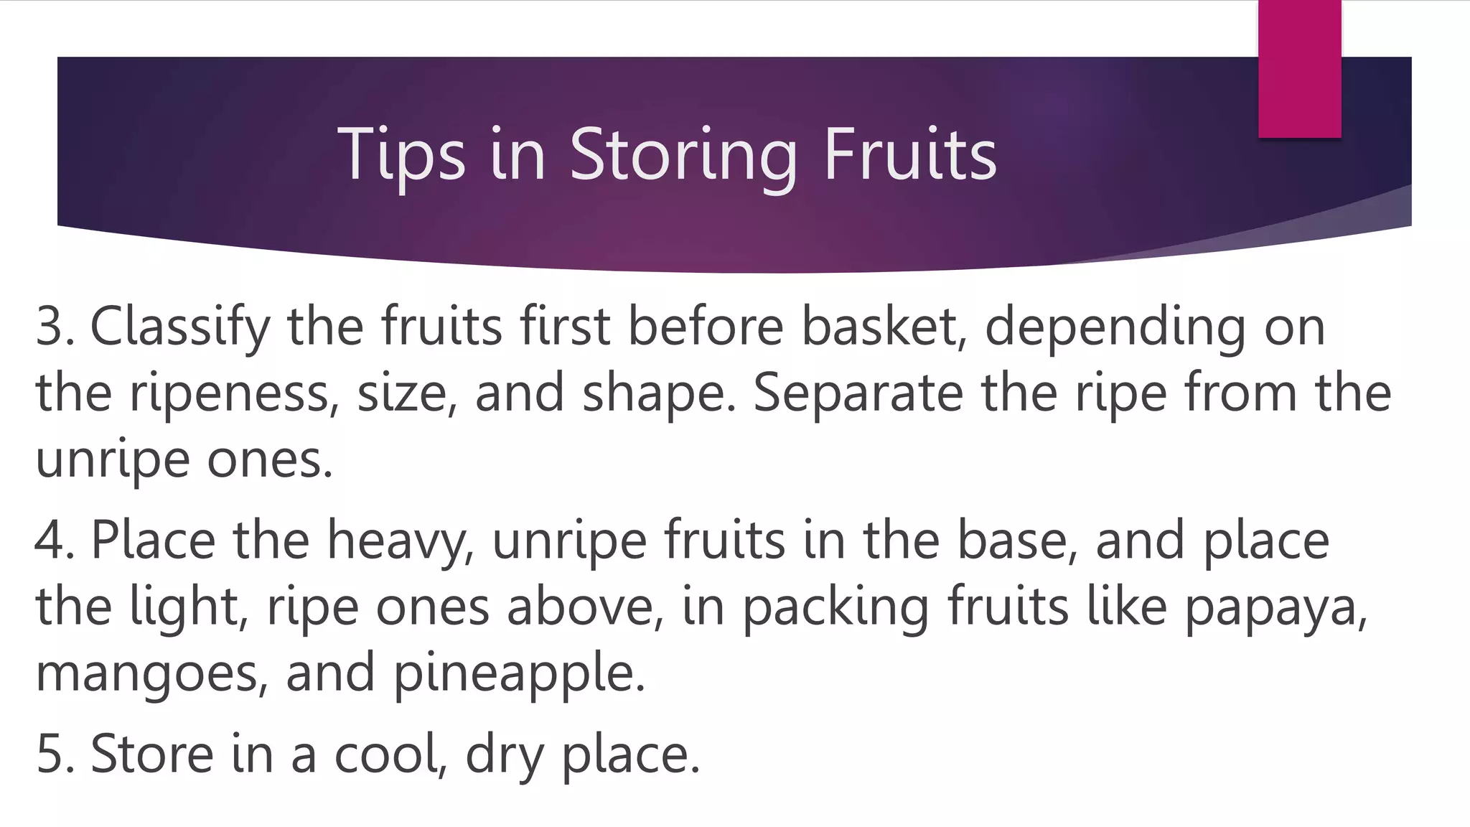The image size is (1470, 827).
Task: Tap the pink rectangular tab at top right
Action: click(x=1299, y=70)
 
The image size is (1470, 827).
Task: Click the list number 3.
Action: click(x=52, y=327)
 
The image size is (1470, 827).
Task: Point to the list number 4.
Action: click(x=52, y=540)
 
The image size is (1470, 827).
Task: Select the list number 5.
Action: click(x=52, y=754)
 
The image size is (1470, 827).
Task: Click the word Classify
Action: click(x=179, y=327)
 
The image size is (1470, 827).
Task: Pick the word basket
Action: click(x=880, y=327)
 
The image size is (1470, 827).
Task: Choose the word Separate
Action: click(x=858, y=393)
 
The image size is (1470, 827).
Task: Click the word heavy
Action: click(x=399, y=540)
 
